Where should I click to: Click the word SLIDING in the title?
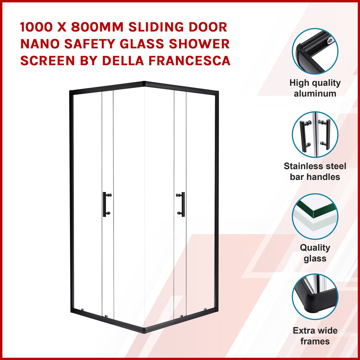(156, 27)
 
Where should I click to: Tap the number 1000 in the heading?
(36, 27)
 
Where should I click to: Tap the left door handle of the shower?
(105, 204)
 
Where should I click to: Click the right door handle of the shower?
(182, 204)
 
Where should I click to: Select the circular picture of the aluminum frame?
(315, 51)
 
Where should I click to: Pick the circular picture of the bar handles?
(315, 135)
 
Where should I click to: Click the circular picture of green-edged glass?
(315, 216)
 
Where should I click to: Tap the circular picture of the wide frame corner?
(315, 297)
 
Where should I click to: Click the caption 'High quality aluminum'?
(315, 88)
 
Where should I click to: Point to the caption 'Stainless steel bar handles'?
(315, 172)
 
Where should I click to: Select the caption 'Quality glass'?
(315, 253)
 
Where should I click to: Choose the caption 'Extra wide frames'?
(315, 336)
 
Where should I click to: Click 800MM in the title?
(97, 27)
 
